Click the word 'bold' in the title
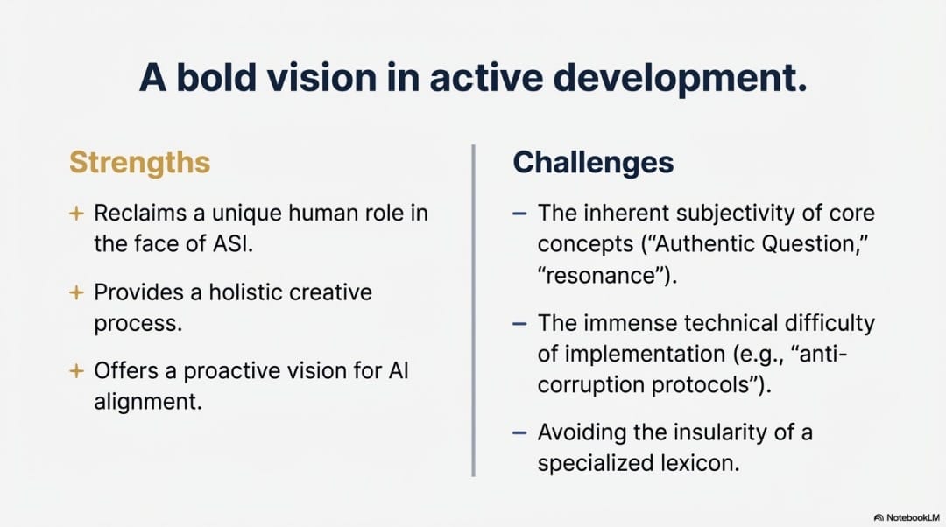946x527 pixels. [216, 77]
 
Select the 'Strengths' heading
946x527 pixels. [139, 163]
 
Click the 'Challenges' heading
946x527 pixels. [593, 163]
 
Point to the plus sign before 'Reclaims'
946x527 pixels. [76, 213]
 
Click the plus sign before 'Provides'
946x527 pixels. [76, 292]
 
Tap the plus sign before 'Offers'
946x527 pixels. [76, 370]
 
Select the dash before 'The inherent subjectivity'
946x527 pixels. [519, 213]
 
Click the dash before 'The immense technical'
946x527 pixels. [519, 323]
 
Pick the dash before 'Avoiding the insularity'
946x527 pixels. [519, 432]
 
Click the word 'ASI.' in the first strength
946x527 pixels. [233, 243]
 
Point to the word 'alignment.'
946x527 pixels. [148, 402]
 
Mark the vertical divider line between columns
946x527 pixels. [474, 311]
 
